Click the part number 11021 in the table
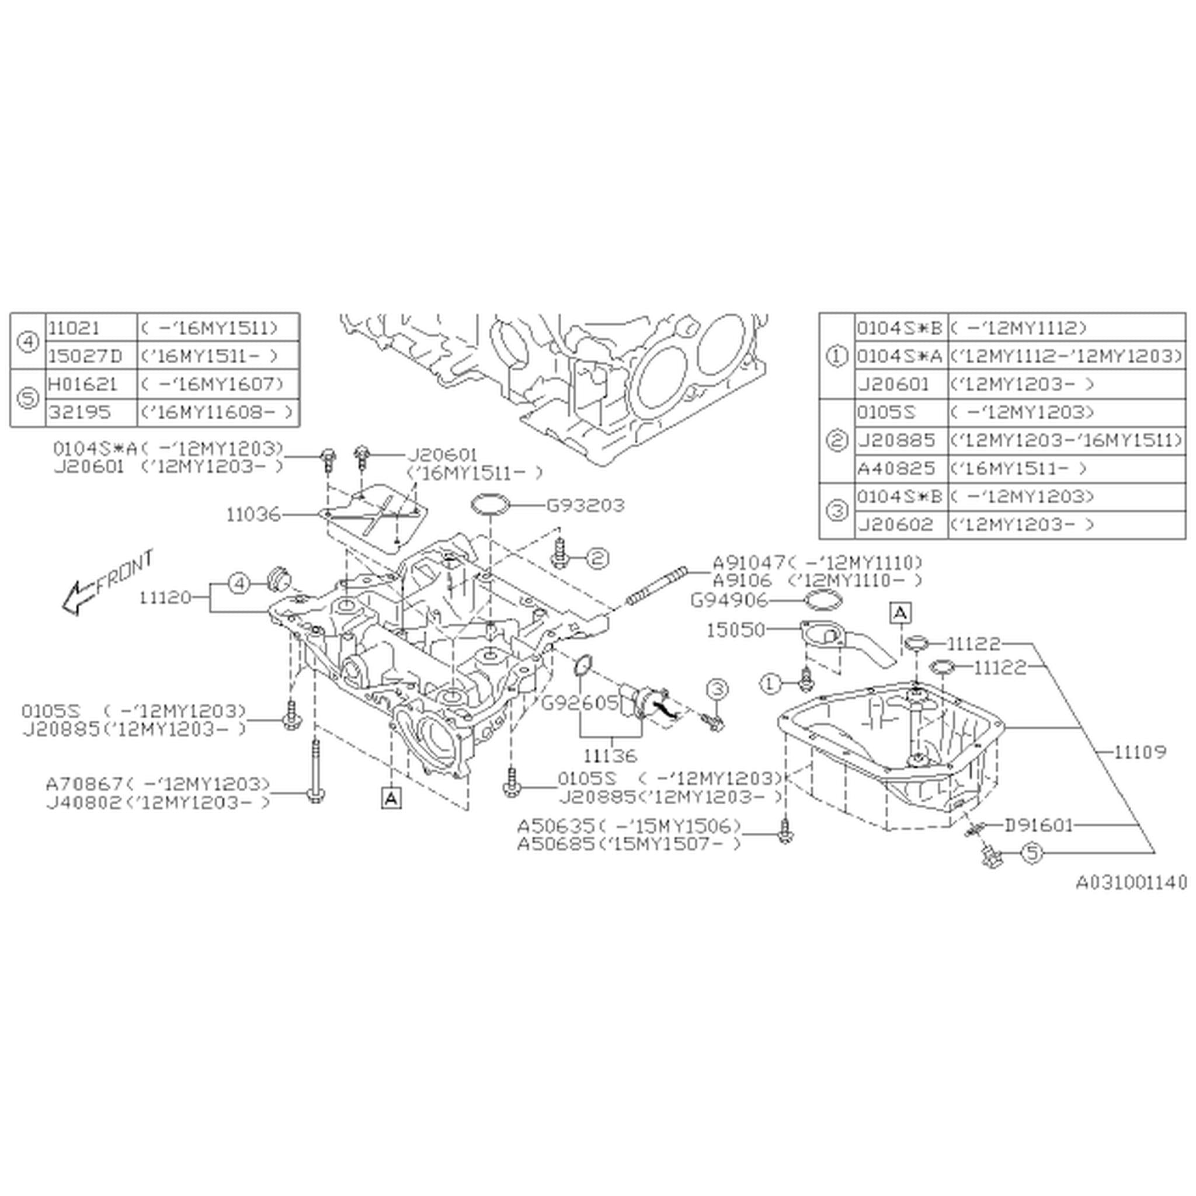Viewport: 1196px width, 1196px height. pos(73,328)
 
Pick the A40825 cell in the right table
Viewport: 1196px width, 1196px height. pos(896,468)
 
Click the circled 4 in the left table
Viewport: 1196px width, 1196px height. pos(28,342)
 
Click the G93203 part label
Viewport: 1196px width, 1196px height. pos(585,505)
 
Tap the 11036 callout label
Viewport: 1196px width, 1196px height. pos(253,514)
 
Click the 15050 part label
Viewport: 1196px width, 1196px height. pos(735,630)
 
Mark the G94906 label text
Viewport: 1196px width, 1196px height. pos(728,600)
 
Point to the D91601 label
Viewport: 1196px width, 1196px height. pos(1038,825)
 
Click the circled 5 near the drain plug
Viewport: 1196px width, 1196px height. pos(1031,853)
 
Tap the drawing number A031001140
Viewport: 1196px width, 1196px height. pos(1131,881)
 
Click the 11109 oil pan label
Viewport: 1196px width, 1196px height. pos(1140,752)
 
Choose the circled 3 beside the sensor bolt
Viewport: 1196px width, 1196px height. pos(716,689)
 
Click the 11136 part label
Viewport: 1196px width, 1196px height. pos(610,755)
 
